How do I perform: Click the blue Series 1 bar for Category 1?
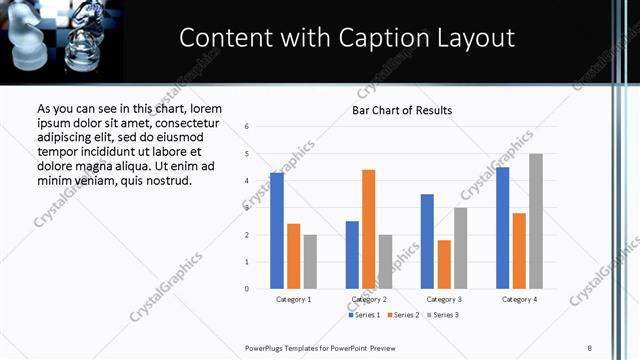coord(277,231)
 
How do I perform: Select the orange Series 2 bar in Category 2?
coord(368,229)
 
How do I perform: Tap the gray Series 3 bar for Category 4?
coord(536,221)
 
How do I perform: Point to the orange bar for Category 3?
coord(444,264)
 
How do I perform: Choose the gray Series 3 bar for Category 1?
coord(310,262)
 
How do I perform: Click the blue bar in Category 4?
coord(503,228)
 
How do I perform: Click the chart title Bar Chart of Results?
coord(402,110)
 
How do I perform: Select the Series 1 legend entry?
coord(365,315)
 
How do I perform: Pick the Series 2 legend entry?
coord(403,315)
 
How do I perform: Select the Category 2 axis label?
coord(369,300)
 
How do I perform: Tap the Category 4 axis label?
coord(519,300)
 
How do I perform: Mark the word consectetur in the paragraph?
coord(180,123)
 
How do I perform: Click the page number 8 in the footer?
coord(589,347)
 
